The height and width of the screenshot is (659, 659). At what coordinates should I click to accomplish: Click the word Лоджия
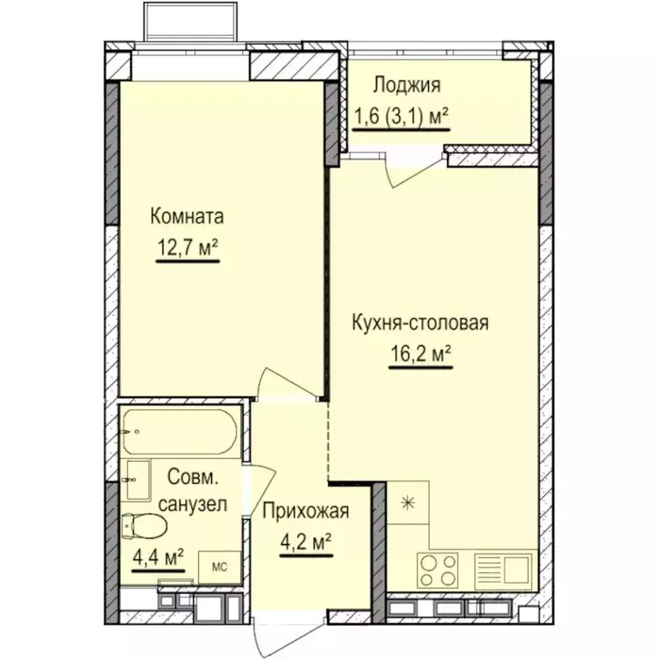tap(406, 85)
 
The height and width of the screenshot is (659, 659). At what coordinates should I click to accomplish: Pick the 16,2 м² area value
tap(420, 353)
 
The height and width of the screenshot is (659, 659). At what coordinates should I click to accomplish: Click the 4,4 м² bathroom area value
tap(158, 556)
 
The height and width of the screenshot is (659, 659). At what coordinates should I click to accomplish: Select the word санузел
tap(193, 505)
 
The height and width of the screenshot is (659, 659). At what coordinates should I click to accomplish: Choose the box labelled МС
tap(220, 566)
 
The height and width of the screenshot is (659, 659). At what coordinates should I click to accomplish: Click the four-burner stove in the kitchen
tap(438, 568)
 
